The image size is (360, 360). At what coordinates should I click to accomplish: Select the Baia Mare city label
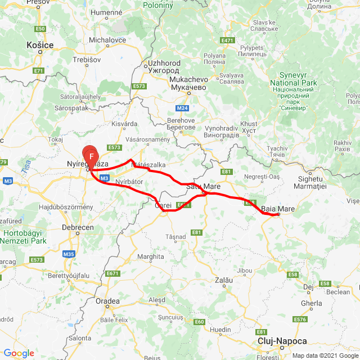pos(278,209)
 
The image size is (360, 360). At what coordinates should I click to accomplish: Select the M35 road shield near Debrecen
pos(69,254)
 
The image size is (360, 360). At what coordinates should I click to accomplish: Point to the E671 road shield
pos(113,273)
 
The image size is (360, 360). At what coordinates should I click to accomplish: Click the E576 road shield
pos(300,319)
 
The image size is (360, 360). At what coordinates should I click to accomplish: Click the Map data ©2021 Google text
pos(325,355)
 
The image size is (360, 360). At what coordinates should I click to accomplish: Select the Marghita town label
pos(150,256)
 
